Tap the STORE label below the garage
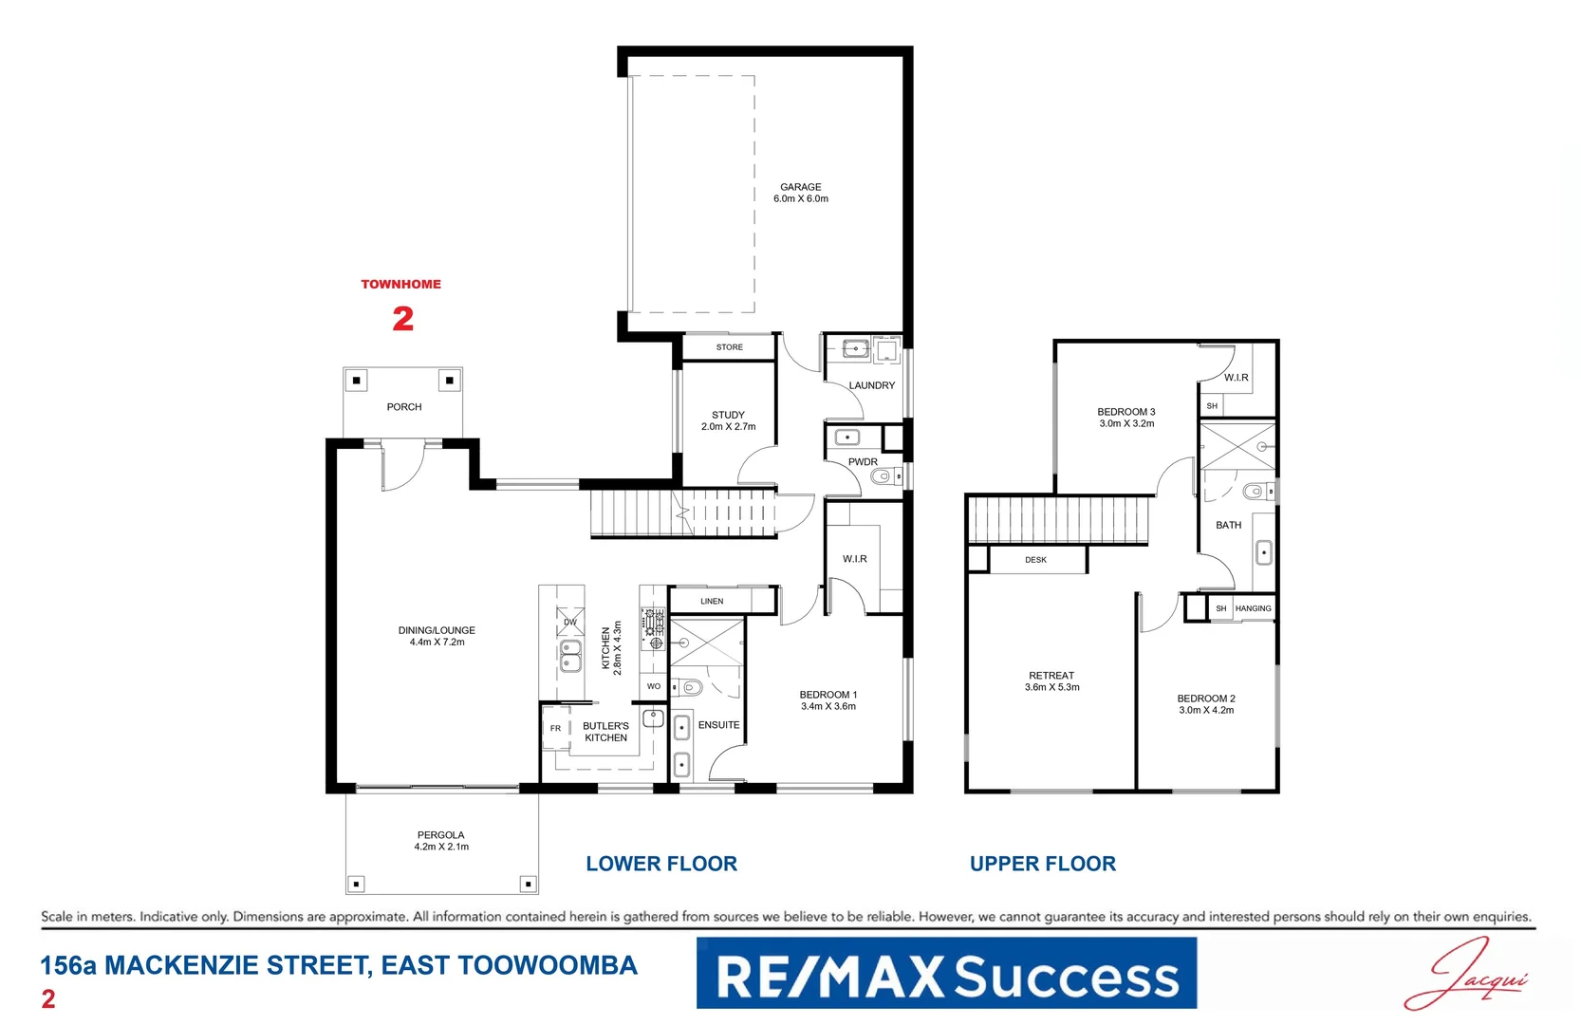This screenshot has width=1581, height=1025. tap(729, 347)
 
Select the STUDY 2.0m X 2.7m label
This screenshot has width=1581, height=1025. tap(728, 420)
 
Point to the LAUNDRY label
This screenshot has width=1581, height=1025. tap(871, 385)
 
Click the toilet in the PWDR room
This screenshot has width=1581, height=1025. tap(882, 477)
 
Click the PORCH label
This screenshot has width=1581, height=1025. tap(403, 407)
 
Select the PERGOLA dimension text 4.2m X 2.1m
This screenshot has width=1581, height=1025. tap(441, 847)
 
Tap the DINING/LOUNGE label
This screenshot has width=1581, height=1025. tap(437, 636)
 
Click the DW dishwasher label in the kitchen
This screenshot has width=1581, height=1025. tap(569, 623)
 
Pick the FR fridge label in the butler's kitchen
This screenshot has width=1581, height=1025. tap(555, 729)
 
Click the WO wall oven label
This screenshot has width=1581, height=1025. tap(653, 686)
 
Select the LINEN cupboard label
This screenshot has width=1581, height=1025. tap(712, 601)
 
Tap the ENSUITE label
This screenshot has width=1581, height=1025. tap(718, 725)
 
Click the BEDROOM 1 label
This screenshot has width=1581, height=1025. tap(828, 700)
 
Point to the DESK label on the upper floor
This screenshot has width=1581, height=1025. tap(1035, 560)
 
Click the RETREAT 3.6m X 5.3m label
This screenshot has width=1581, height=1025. tap(1051, 681)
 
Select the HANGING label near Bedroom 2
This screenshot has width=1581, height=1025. tap(1253, 608)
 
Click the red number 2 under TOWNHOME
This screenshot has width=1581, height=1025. tap(402, 319)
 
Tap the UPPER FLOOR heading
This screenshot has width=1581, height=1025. tap(1042, 864)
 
